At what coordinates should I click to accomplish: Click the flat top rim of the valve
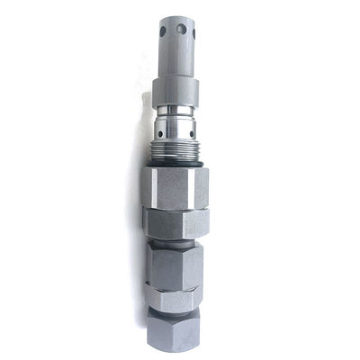coord(178,19)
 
